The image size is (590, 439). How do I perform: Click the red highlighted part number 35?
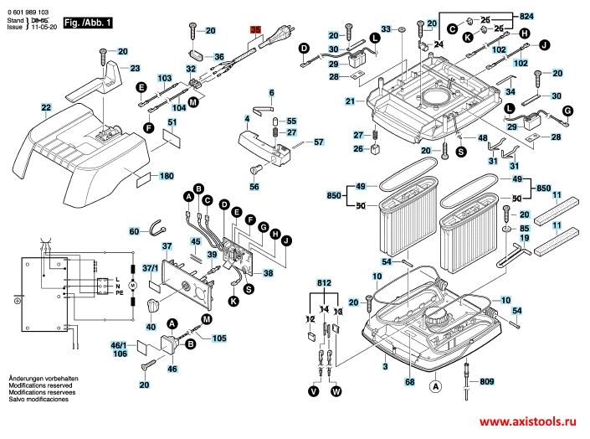click(x=256, y=29)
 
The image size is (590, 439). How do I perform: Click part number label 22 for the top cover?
click(x=45, y=107)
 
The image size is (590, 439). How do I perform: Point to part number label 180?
click(x=167, y=176)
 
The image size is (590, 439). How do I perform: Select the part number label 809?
click(x=487, y=382)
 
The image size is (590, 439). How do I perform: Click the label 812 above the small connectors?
click(x=325, y=284)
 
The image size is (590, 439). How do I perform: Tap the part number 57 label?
click(x=318, y=142)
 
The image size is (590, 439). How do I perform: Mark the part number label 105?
click(x=218, y=338)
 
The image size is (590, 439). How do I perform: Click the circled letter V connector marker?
click(x=314, y=391)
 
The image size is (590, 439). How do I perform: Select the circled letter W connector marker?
click(x=336, y=391)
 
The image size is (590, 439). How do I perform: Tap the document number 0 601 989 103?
click(x=28, y=5)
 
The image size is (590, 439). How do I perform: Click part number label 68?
click(x=409, y=383)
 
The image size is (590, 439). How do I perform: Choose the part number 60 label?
click(x=134, y=231)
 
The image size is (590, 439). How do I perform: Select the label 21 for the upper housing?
click(x=350, y=101)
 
